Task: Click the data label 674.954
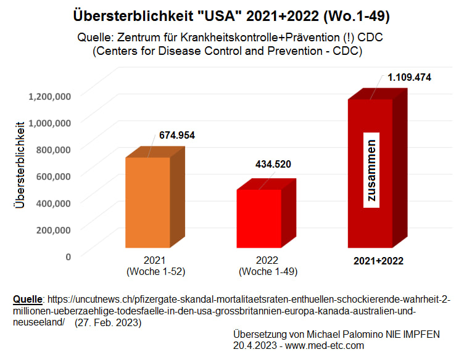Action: tap(177, 135)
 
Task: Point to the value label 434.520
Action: tap(273, 164)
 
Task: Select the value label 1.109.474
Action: tap(409, 78)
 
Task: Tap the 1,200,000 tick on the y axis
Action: tap(50, 96)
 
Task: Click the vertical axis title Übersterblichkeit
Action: tap(21, 166)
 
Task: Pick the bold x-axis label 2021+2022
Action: tap(378, 261)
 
